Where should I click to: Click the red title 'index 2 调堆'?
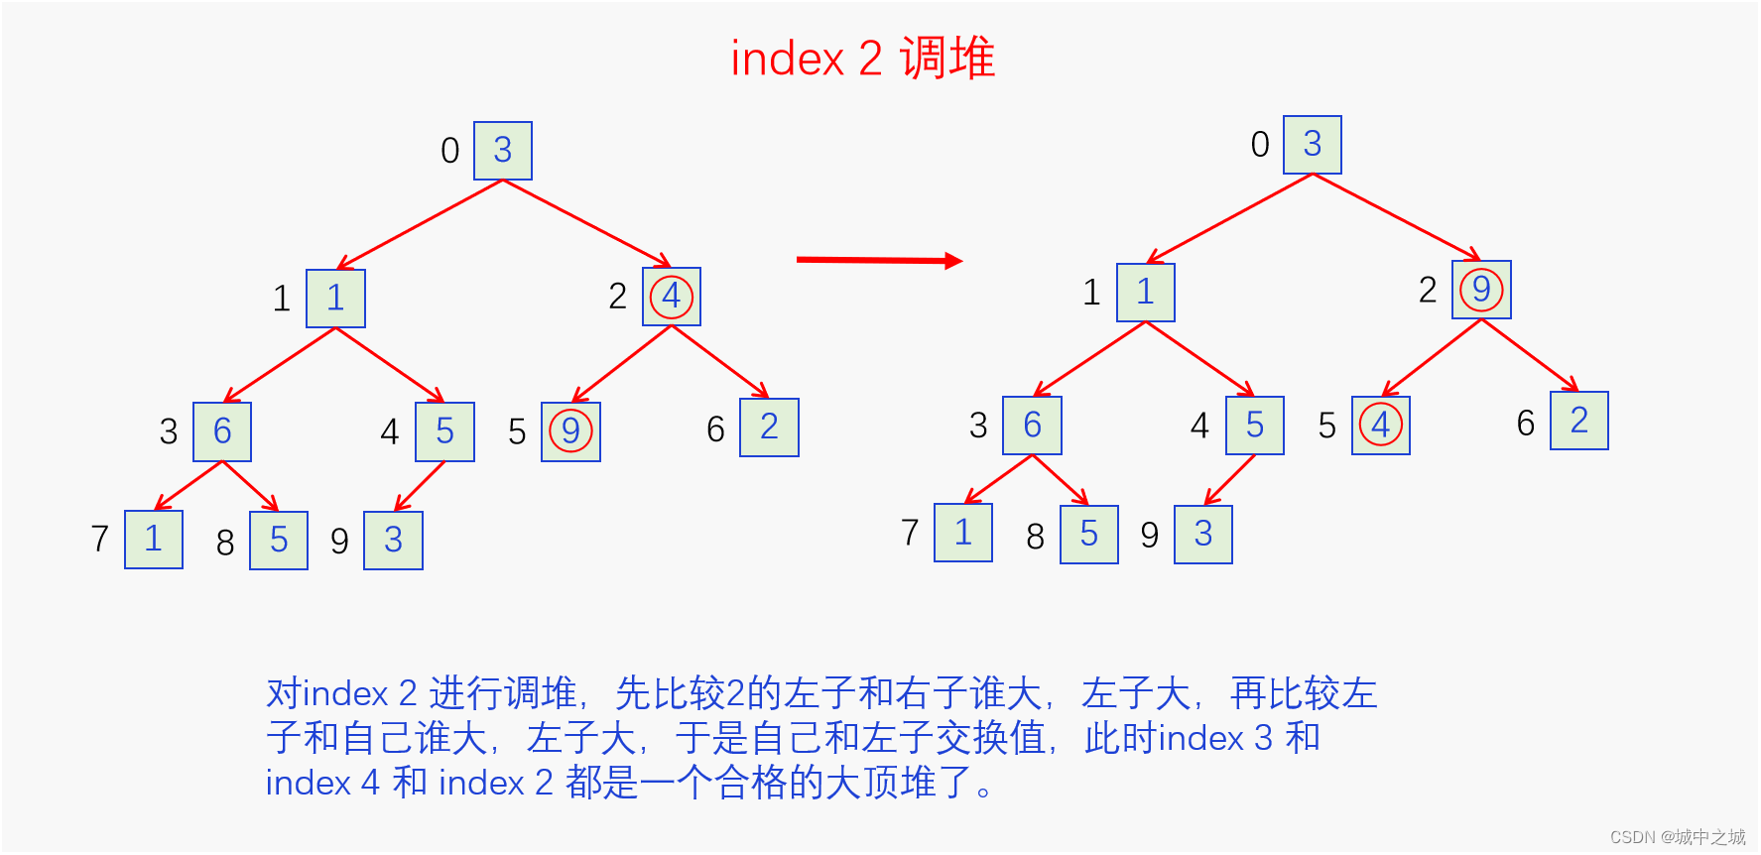862,59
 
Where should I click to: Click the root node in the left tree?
503,151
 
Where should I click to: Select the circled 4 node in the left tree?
672,296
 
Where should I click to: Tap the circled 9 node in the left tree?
570,431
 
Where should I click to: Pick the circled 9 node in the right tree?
1481,290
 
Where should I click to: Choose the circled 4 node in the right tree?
1381,426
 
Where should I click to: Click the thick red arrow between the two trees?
879,260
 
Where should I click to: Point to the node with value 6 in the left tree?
222,431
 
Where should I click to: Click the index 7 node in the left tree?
154,540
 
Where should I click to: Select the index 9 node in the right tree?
1203,535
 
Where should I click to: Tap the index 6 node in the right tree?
1579,421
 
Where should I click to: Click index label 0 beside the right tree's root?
1260,145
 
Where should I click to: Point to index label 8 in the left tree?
225,543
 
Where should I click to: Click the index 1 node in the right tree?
1146,293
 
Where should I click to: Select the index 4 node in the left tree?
445,431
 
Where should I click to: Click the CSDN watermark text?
1678,837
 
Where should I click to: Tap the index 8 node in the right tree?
1089,535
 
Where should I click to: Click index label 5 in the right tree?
1327,427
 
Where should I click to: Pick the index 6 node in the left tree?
770,427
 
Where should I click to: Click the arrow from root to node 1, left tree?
420,225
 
